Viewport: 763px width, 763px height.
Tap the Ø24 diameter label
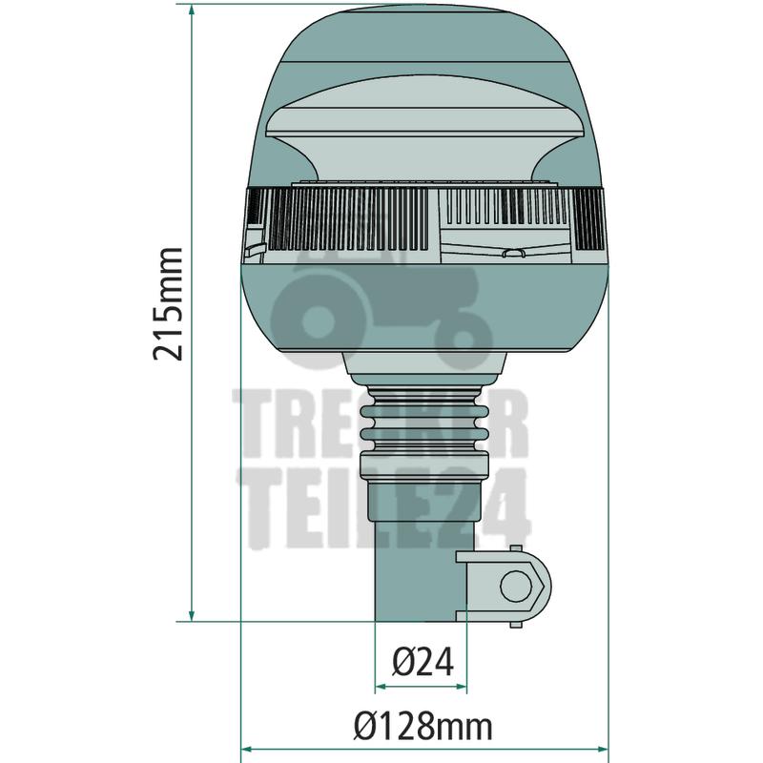click(x=423, y=661)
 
